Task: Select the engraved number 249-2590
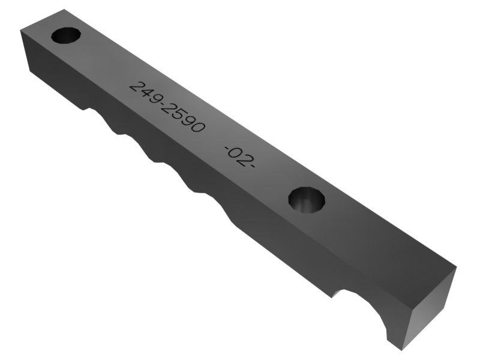(x=167, y=107)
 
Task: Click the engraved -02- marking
(x=239, y=157)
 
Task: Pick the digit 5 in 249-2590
(x=178, y=114)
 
